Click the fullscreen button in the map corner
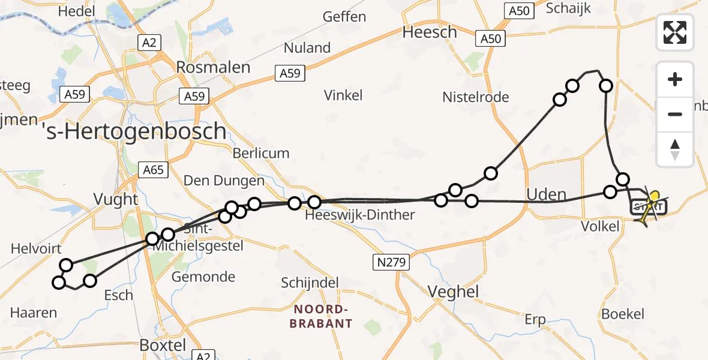[x=675, y=32]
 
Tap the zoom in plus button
[x=675, y=79]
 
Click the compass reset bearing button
[x=675, y=149]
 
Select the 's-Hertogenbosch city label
[x=137, y=131]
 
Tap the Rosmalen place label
[x=213, y=67]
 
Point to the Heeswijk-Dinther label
[x=359, y=215]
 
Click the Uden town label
[x=546, y=194]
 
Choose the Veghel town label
[x=453, y=292]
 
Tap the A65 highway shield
[x=152, y=170]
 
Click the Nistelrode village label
[x=475, y=97]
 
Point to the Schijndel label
[x=310, y=283]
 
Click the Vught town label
[x=116, y=199]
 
